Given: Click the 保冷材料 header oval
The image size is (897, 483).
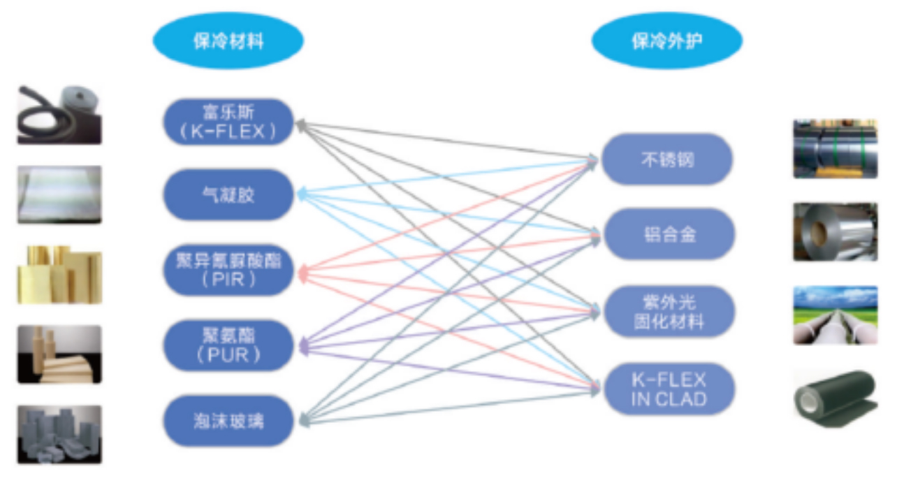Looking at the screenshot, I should coord(228,41).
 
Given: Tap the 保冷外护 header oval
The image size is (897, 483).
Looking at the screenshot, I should coord(666,41).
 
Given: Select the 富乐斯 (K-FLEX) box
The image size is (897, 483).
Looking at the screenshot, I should coord(228,122).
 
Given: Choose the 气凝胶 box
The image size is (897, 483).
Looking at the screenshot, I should coord(228,194).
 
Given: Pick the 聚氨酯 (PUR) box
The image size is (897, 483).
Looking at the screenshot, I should coord(228,345).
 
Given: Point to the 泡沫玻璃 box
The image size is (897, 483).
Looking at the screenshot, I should coord(228,421).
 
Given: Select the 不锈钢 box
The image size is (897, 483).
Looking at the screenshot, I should coord(666,159).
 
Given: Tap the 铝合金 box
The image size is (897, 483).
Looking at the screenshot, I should coord(666,234).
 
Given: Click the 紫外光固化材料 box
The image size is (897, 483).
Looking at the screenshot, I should coord(666,312).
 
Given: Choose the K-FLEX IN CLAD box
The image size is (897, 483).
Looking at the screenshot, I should coord(666,389).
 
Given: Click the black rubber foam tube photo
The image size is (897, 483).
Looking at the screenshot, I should coord(59,115).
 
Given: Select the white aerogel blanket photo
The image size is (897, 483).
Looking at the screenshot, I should coord(59,194).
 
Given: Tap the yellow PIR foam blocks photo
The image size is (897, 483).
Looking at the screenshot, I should coord(59,274).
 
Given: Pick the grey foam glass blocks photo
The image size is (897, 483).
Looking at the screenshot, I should coord(59,433).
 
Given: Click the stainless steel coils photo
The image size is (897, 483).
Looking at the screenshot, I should coord(835,148).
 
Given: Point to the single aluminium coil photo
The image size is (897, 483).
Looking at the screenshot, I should coord(835,231).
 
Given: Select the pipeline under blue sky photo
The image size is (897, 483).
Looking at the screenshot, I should coord(835,315).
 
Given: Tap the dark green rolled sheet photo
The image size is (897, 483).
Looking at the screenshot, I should coord(835,396).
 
